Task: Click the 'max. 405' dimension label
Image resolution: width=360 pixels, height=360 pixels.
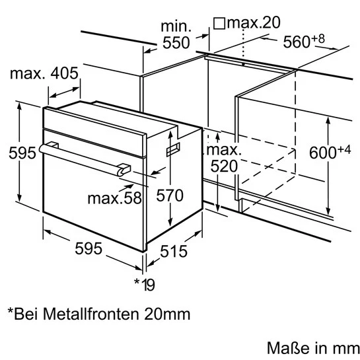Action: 44,73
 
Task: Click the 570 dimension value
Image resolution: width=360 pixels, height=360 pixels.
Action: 170,196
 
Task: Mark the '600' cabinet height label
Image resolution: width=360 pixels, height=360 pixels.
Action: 322,153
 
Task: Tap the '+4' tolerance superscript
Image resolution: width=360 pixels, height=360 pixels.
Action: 343,149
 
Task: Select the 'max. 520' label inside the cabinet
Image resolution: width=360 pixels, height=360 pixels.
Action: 224,159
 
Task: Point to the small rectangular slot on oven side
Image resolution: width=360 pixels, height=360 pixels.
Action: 173,150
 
